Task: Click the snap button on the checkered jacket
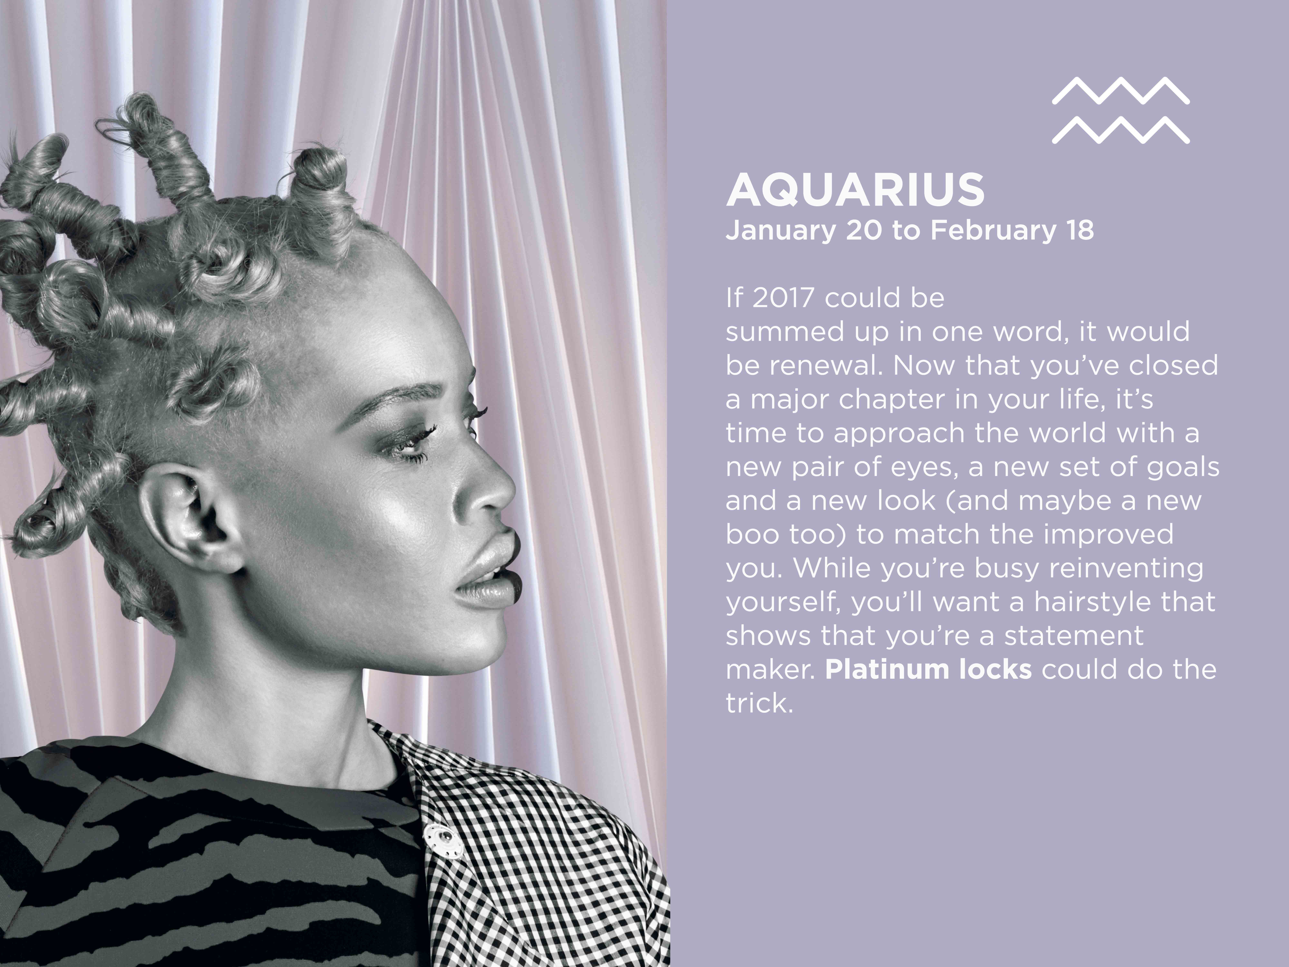443,841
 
